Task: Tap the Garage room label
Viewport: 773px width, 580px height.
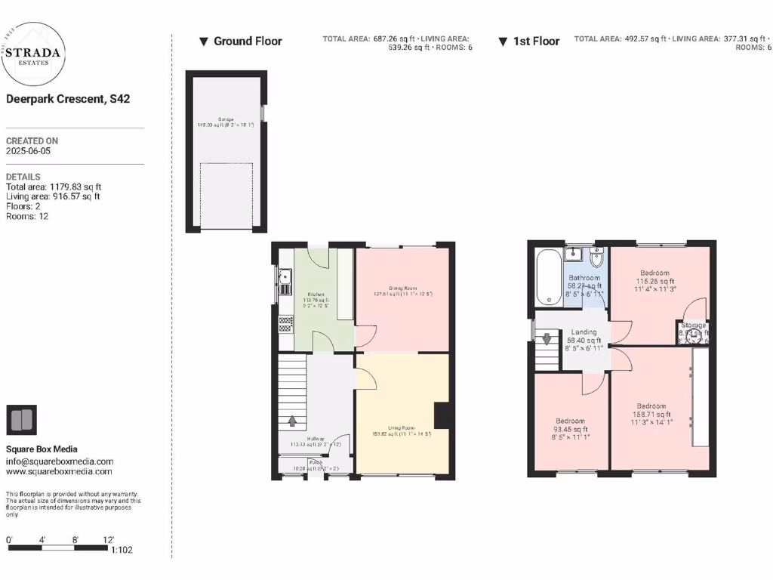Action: (226, 119)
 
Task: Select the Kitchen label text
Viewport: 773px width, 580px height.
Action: (316, 294)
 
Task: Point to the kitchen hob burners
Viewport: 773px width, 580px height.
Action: (286, 324)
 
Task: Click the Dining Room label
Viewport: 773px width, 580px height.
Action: (403, 288)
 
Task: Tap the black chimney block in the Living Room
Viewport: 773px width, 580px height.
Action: (442, 416)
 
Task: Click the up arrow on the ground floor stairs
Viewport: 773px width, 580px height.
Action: (291, 420)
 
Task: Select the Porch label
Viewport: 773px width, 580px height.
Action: (315, 462)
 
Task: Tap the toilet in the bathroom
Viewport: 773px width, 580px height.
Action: (596, 258)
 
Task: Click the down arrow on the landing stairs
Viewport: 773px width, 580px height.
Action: (547, 339)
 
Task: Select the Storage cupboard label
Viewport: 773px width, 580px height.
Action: (693, 325)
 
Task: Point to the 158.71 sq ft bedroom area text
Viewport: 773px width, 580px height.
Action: (651, 414)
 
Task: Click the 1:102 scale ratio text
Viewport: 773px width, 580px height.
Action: (122, 550)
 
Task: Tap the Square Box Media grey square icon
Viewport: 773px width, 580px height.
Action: (21, 420)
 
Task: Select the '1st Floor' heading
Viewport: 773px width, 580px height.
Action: (536, 42)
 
